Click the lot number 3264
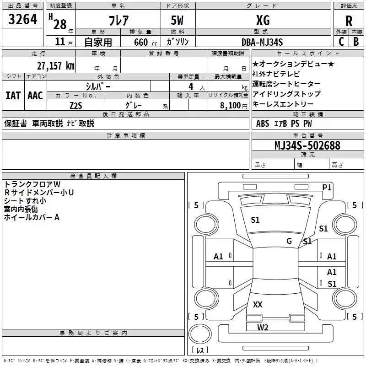22,19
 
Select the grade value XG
263,20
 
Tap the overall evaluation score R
349,21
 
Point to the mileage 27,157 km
55,66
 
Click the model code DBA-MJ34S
262,42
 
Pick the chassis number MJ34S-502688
307,145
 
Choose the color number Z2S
76,106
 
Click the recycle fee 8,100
231,106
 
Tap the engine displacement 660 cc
145,43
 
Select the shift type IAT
13,96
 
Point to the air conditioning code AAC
35,96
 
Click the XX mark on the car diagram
258,304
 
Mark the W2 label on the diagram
263,328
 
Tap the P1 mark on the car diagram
327,188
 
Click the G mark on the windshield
289,241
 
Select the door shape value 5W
177,20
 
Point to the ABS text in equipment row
263,124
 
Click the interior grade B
356,42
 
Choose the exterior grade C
341,42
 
